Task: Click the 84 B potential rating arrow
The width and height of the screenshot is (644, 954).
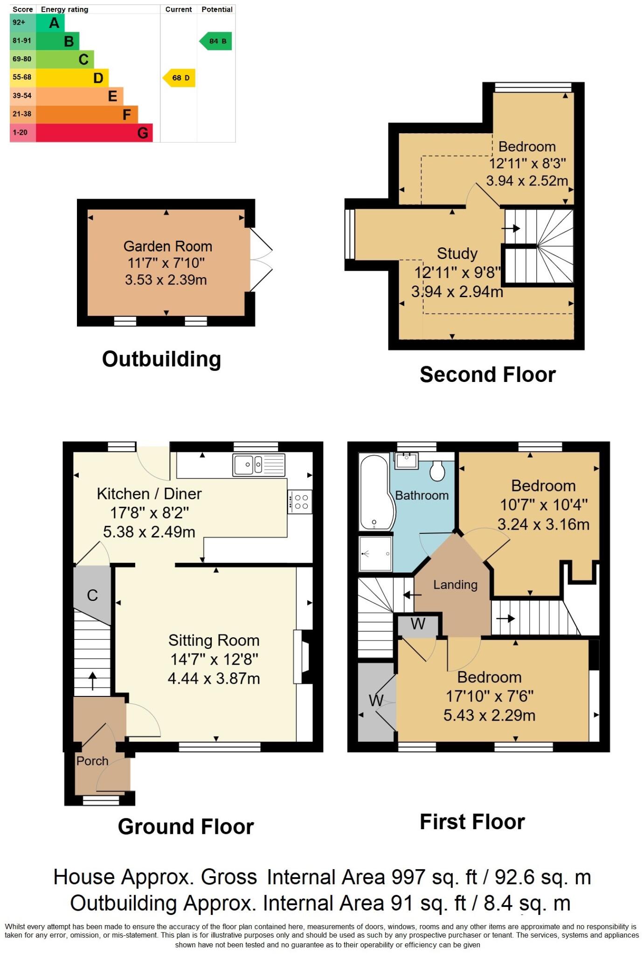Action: pyautogui.click(x=216, y=41)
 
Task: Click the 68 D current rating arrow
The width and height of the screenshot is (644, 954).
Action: pyautogui.click(x=180, y=78)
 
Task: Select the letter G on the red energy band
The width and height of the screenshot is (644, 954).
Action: pyautogui.click(x=143, y=133)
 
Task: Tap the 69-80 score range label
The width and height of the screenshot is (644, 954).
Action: pyautogui.click(x=22, y=59)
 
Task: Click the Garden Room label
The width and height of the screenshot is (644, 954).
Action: pyautogui.click(x=167, y=246)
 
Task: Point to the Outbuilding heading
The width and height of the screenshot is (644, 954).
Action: pyautogui.click(x=161, y=359)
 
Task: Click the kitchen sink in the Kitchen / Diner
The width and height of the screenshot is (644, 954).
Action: pyautogui.click(x=259, y=465)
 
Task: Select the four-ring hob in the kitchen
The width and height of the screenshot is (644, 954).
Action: pyautogui.click(x=300, y=502)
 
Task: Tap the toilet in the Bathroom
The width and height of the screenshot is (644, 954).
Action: pyautogui.click(x=437, y=470)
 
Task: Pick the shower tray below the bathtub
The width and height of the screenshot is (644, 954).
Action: pyautogui.click(x=376, y=553)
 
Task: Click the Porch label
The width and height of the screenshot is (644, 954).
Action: pyautogui.click(x=92, y=761)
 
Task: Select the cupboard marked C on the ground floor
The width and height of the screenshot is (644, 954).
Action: pyautogui.click(x=92, y=595)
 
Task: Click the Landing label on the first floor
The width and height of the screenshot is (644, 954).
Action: pyautogui.click(x=455, y=585)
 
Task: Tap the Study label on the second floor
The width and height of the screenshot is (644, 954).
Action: pyautogui.click(x=457, y=253)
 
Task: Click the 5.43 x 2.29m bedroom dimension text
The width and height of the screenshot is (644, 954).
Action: pyautogui.click(x=489, y=715)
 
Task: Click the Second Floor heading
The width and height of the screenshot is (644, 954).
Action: pyautogui.click(x=487, y=375)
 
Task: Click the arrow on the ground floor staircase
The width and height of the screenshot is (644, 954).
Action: pyautogui.click(x=92, y=681)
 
